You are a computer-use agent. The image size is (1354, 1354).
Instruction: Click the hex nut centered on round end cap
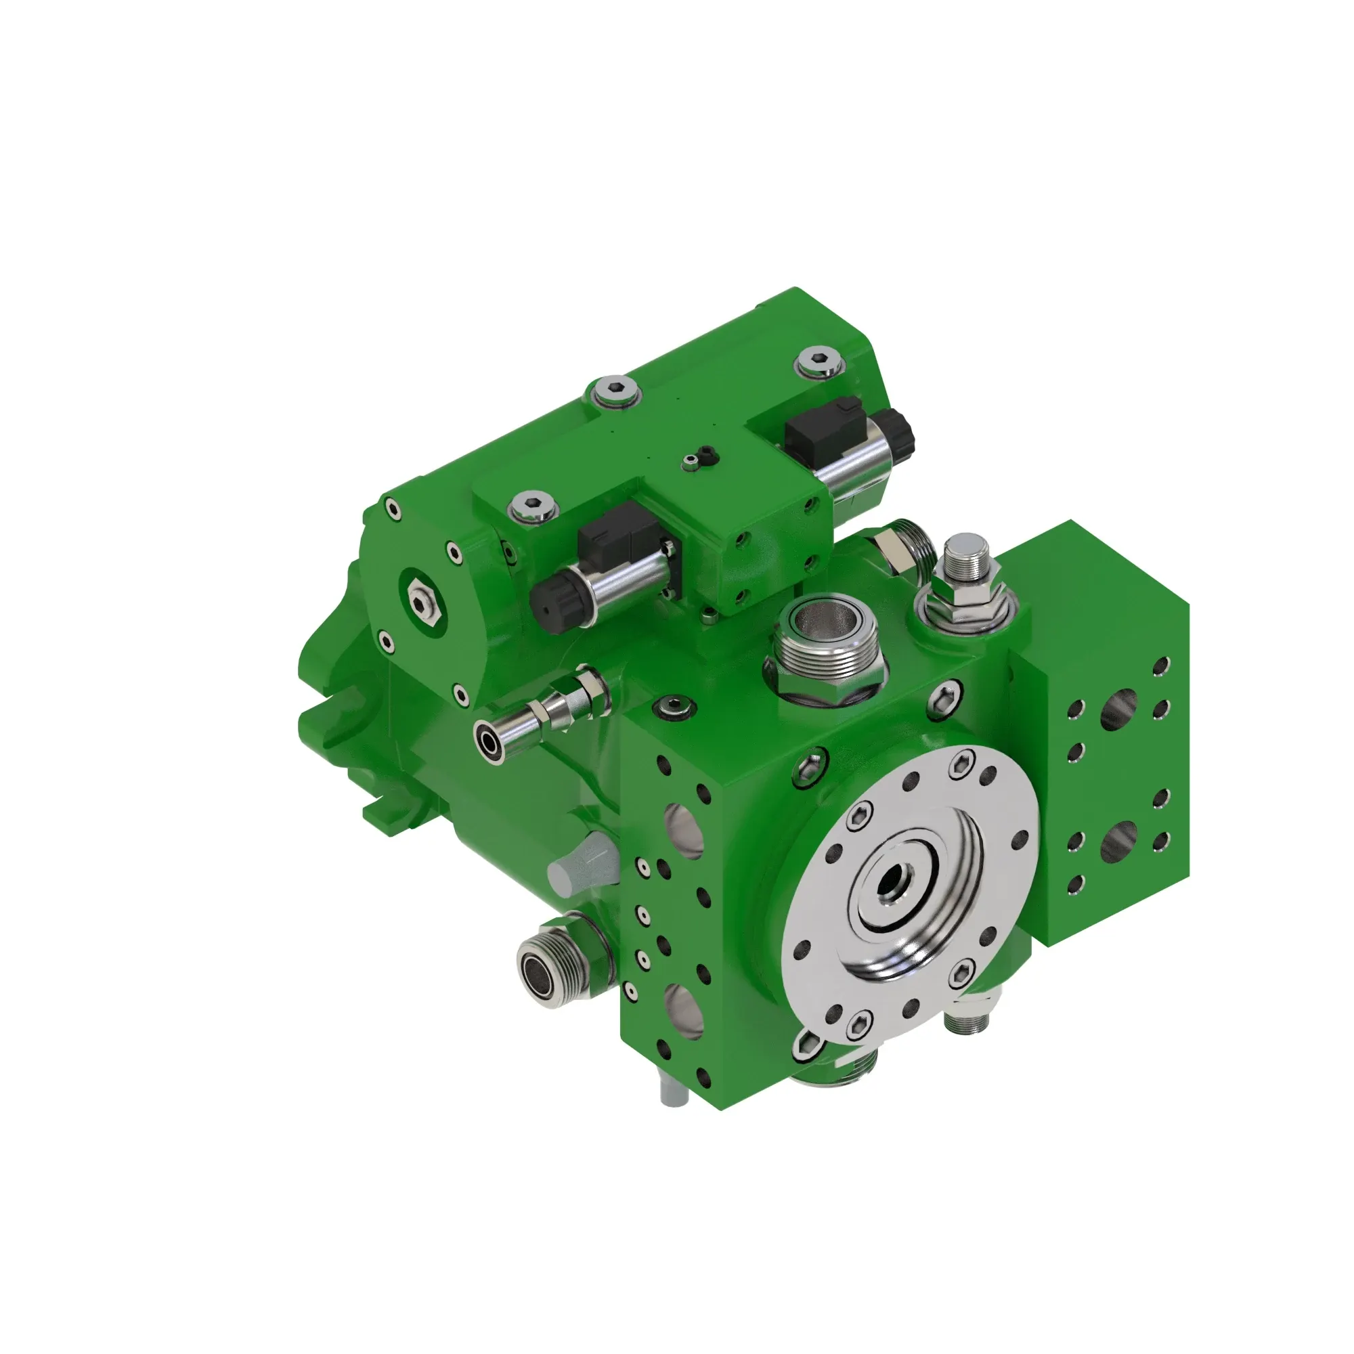(x=420, y=597)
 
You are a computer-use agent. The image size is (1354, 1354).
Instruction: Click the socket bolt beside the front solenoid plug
(x=534, y=505)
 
